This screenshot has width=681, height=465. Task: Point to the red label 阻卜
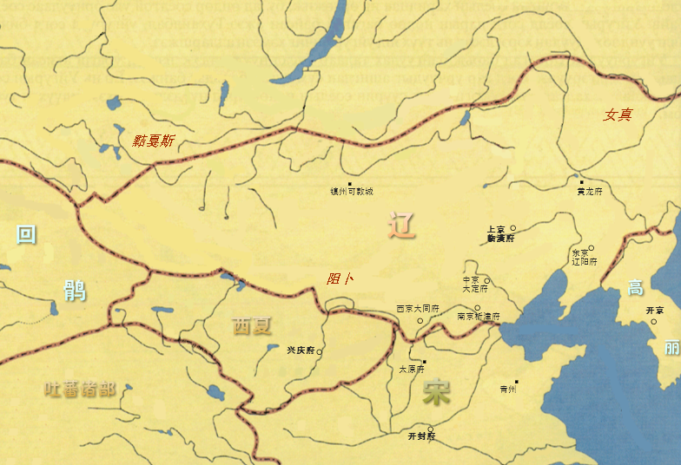pos(340,278)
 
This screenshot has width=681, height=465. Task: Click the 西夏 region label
pos(252,326)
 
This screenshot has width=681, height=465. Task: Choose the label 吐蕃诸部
pos(80,389)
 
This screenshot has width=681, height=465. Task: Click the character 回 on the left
pos(27,234)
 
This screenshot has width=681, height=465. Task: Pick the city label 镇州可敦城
pos(351,191)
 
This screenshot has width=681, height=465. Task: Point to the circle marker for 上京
pos(513,228)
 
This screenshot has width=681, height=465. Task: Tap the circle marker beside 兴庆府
pos(320,351)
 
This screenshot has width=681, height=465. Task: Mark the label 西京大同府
pos(418,309)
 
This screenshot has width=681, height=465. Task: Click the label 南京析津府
pos(479,317)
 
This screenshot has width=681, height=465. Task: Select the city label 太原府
pos(412,369)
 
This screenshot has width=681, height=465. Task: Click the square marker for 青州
pos(516,382)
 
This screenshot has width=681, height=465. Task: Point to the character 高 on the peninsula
pos(636,288)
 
